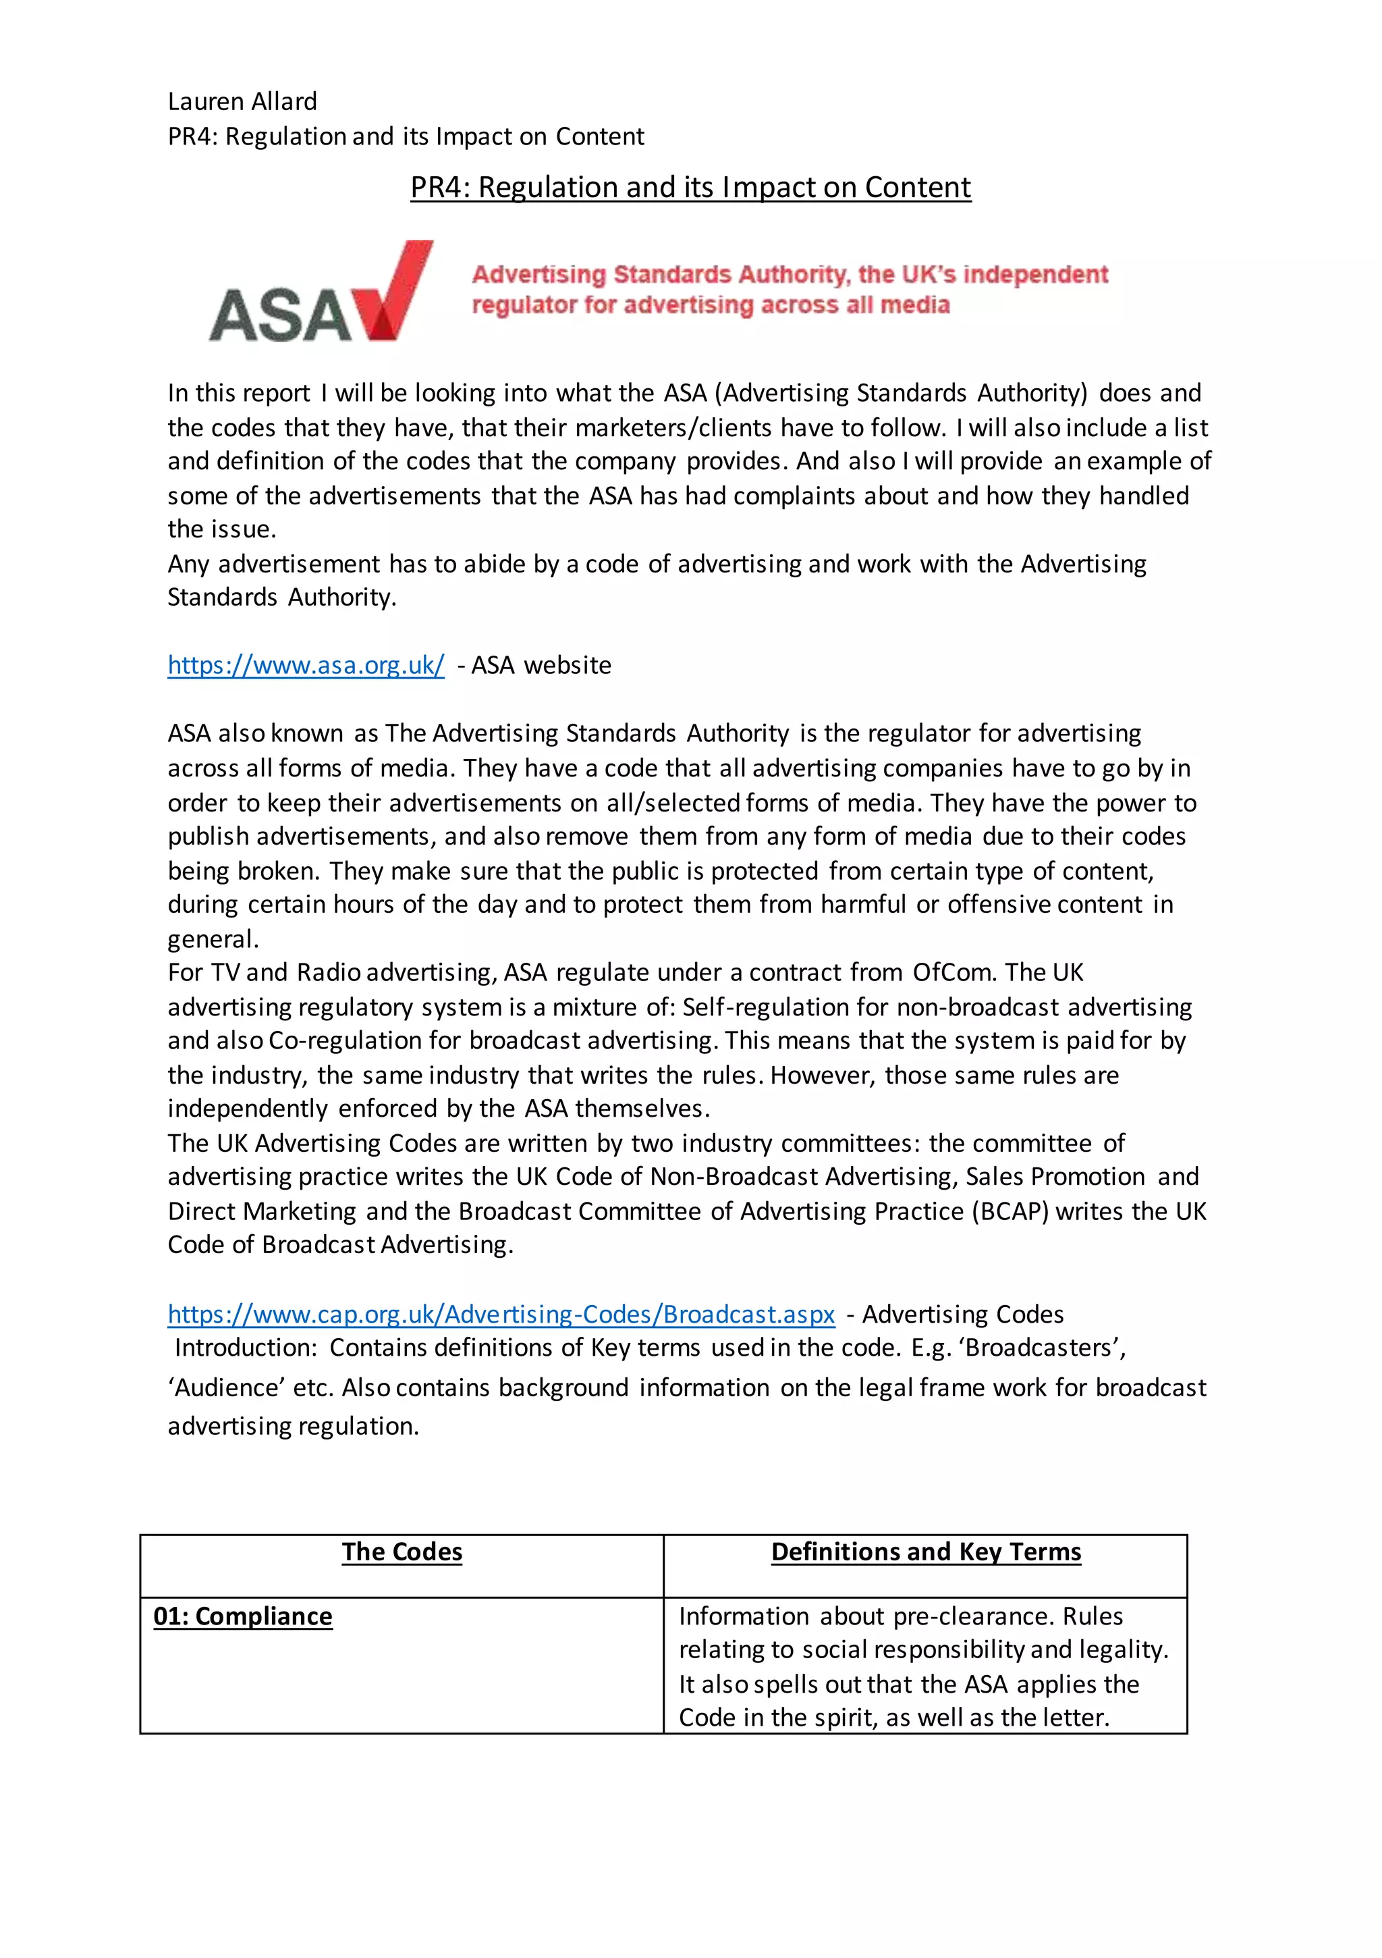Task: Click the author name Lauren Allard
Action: (x=242, y=101)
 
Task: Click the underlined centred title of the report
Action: (x=690, y=187)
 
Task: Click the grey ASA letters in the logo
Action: (x=279, y=315)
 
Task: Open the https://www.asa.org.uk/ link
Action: (x=305, y=665)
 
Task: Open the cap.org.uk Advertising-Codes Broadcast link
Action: (x=501, y=1314)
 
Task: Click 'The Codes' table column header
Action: (x=402, y=1552)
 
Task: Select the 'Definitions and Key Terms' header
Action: (x=926, y=1552)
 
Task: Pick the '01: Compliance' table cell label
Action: (x=243, y=1617)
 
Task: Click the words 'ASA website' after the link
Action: (x=541, y=665)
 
